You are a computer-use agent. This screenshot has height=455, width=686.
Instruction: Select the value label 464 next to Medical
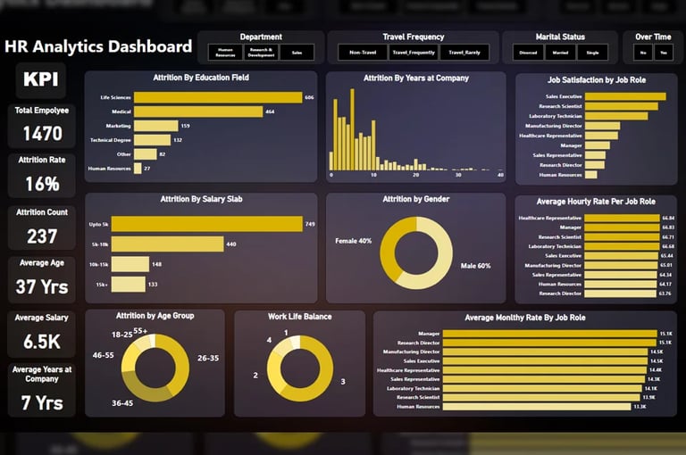(270, 112)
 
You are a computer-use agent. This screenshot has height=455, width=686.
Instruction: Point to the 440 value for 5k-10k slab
(230, 244)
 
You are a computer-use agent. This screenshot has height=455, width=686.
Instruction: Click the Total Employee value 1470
(42, 134)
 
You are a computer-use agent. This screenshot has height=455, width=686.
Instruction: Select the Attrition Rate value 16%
(42, 184)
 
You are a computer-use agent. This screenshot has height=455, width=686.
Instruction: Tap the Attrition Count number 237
(42, 236)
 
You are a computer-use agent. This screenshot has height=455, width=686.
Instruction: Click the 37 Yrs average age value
(42, 287)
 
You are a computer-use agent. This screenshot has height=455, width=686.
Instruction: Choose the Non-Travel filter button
(363, 53)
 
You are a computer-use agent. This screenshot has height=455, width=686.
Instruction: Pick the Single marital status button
(593, 53)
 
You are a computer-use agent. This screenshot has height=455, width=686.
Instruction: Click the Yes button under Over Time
(663, 53)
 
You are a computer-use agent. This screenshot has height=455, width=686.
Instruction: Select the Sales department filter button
(297, 53)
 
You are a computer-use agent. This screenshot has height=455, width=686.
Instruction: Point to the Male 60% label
(475, 266)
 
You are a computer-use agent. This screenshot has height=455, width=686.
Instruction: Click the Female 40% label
(354, 240)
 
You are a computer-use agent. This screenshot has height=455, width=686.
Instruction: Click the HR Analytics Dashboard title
(98, 46)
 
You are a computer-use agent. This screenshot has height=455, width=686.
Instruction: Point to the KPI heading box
(41, 79)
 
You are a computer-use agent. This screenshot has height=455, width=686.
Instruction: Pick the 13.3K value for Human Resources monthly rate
(640, 407)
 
